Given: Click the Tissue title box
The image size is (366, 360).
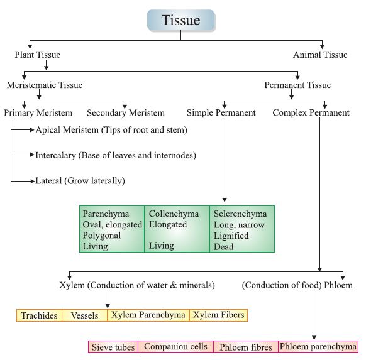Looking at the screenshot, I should point(181,21).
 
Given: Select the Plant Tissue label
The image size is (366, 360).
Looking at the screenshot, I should point(38,55).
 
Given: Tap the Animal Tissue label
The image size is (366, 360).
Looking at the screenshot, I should point(320,55).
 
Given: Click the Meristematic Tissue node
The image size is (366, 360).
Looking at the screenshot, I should point(45,85).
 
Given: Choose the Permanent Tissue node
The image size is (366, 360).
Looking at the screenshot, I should point(297,85).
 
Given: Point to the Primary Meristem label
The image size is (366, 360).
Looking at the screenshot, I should point(38,113).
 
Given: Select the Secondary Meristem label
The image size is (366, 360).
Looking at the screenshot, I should point(126,113).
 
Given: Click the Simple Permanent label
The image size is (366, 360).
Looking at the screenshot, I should point(221,113).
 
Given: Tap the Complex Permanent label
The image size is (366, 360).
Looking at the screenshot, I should point(311,113).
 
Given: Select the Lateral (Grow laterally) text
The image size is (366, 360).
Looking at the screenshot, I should point(80,181).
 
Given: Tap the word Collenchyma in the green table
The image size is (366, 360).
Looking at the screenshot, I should point(174,214).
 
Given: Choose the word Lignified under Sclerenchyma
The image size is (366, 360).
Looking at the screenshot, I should point(231,236).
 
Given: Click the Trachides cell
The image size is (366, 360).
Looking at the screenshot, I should point(39,315).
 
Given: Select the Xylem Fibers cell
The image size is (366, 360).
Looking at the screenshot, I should point(218,315).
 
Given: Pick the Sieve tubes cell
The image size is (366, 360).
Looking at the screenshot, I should point(113,347).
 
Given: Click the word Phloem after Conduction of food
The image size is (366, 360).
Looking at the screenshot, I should point(335,285).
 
